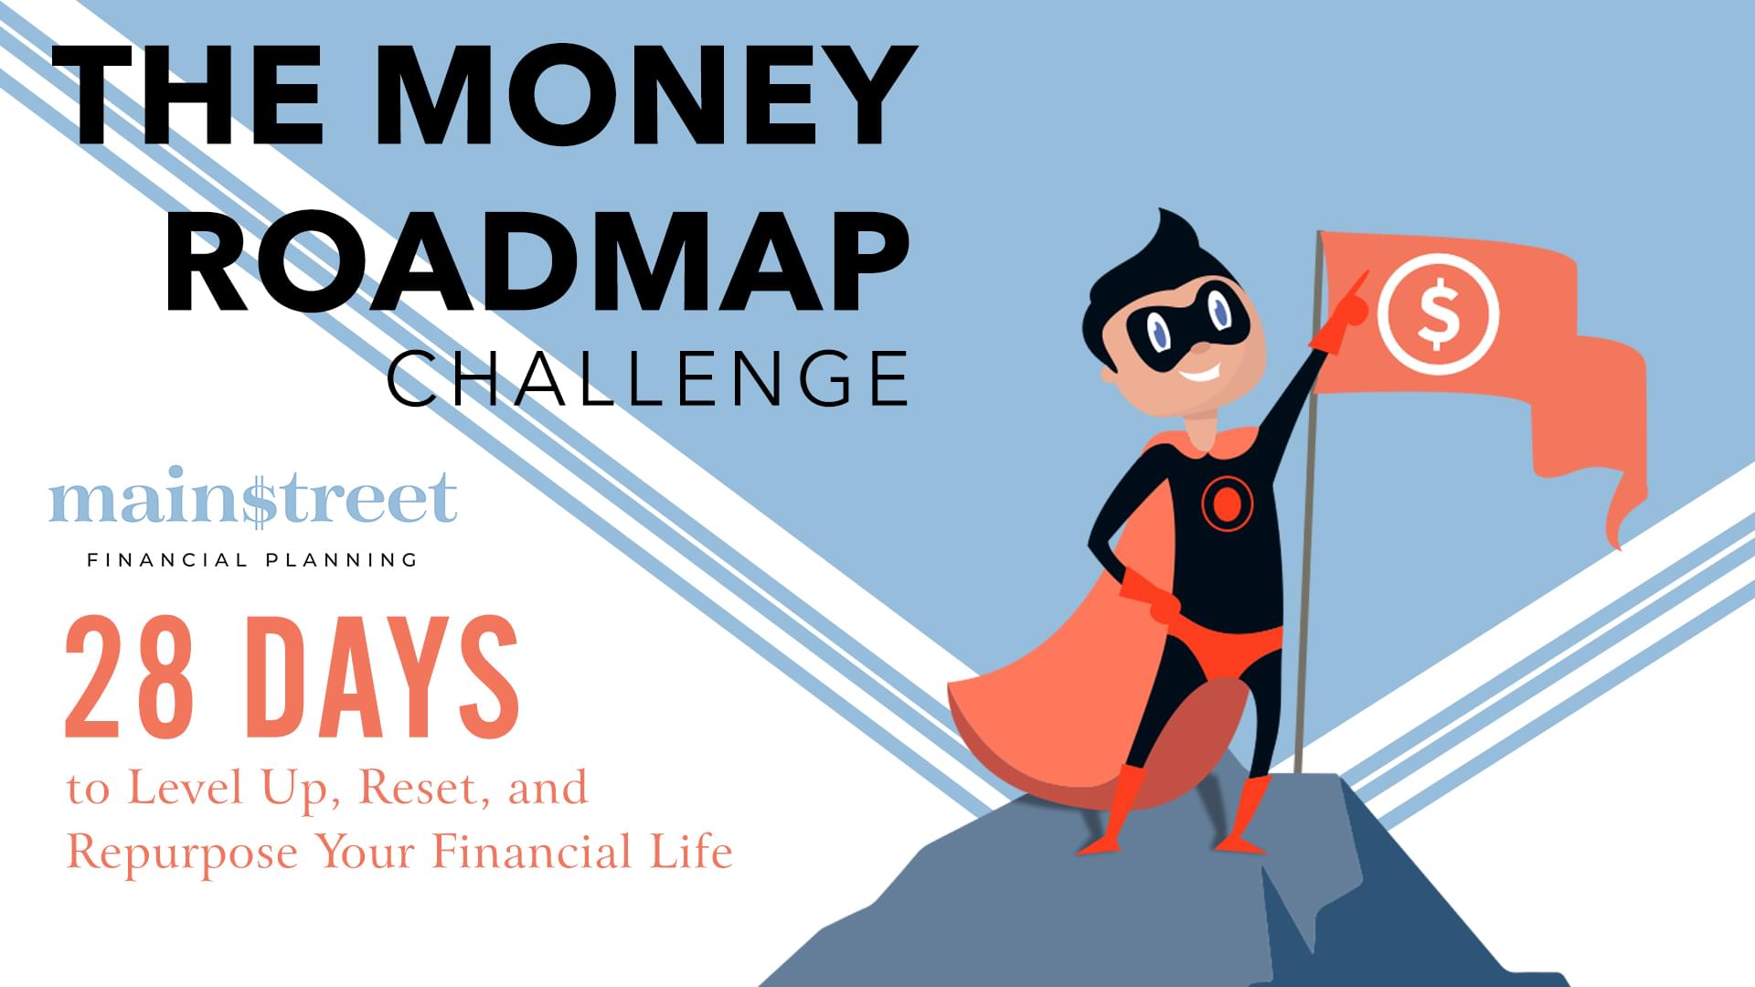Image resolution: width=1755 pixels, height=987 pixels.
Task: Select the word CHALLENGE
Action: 648,377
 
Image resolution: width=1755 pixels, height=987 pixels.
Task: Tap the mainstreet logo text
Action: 253,497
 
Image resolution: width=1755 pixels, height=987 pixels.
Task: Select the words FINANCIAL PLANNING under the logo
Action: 252,560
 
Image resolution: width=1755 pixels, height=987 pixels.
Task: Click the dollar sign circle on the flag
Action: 1438,313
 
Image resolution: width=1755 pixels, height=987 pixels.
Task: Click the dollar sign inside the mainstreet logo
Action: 259,498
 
